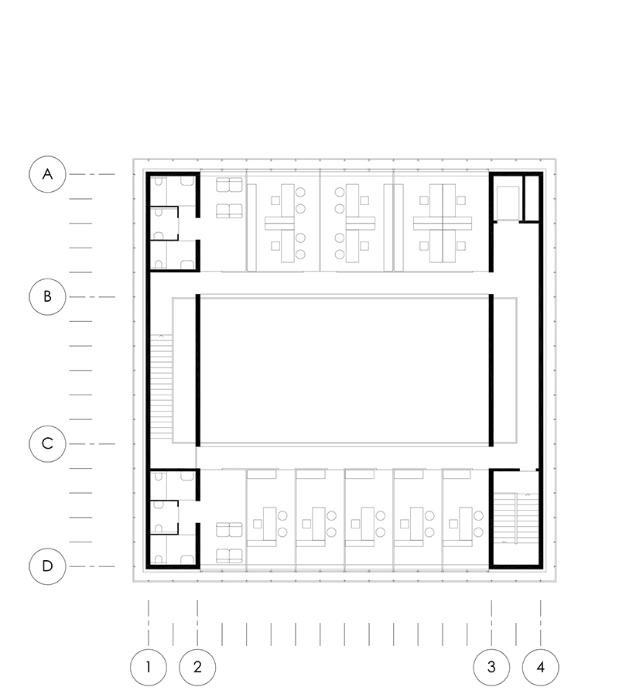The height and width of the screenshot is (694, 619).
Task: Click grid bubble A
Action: pyautogui.click(x=47, y=174)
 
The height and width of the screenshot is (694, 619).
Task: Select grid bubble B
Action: pyautogui.click(x=47, y=296)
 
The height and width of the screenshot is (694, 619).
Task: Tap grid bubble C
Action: pyautogui.click(x=47, y=443)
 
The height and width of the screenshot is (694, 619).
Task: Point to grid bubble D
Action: pyautogui.click(x=47, y=566)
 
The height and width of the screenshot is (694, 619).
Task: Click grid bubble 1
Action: pyautogui.click(x=149, y=667)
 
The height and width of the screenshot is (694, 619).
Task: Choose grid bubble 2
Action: pyautogui.click(x=197, y=667)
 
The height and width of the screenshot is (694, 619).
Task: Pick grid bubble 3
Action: pyautogui.click(x=491, y=667)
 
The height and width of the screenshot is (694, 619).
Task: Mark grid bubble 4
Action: pyautogui.click(x=541, y=667)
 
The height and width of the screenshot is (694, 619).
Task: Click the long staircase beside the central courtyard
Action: pyautogui.click(x=161, y=386)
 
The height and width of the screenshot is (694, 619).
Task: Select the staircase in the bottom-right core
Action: pyautogui.click(x=516, y=518)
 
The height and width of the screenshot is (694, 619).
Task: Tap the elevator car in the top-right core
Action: pyautogui.click(x=508, y=203)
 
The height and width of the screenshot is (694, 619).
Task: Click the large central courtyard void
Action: pyautogui.click(x=344, y=370)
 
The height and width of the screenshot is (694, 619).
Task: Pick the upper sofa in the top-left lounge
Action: pyautogui.click(x=229, y=185)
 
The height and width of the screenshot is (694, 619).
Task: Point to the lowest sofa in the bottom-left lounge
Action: pyautogui.click(x=229, y=556)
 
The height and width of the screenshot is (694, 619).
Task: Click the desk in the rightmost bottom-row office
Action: pyautogui.click(x=465, y=524)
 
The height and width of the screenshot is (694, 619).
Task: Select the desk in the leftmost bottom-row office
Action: pyautogui.click(x=269, y=524)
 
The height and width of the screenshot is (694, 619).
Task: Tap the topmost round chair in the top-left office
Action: pyautogui.click(x=300, y=193)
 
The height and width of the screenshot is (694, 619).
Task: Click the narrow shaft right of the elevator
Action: pyautogui.click(x=531, y=198)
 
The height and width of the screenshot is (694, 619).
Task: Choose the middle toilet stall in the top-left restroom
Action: pyautogui.click(x=164, y=224)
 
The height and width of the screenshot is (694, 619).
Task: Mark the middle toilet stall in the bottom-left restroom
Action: pyautogui.click(x=164, y=518)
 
